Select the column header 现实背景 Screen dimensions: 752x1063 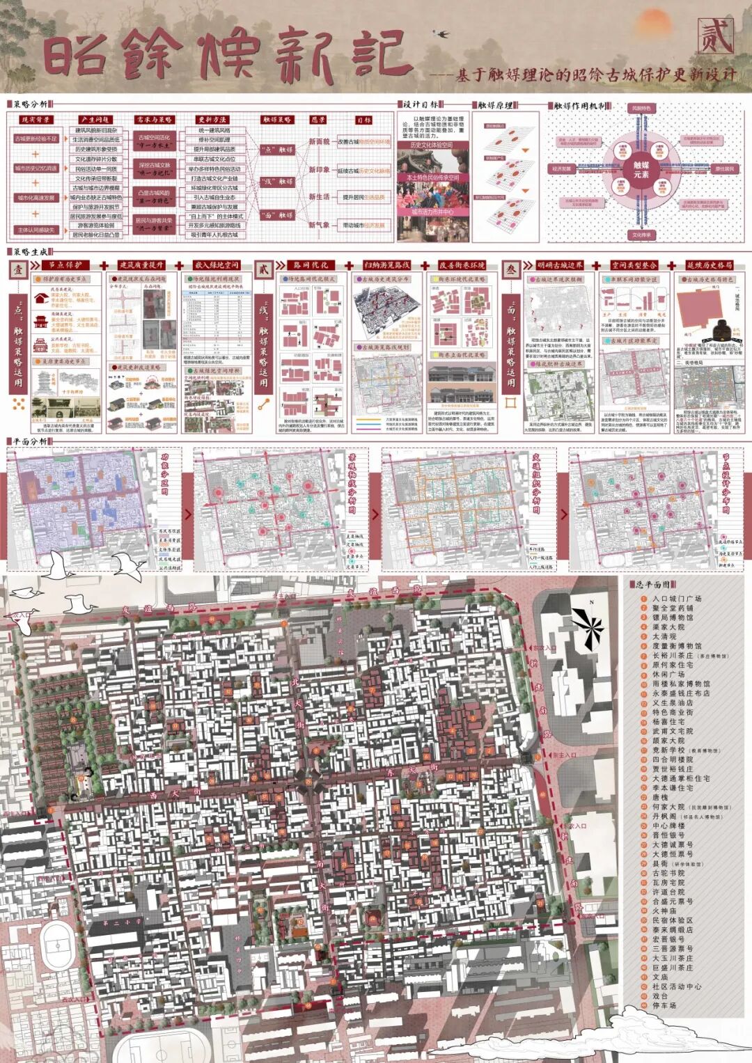(35, 120)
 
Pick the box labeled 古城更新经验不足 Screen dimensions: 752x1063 (36, 139)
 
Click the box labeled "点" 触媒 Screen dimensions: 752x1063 (276, 149)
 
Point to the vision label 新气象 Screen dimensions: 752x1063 (319, 225)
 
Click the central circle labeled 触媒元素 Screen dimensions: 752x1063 (641, 170)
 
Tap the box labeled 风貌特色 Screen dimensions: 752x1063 (641, 109)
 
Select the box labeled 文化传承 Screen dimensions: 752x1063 (641, 235)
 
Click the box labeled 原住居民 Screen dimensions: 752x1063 (723, 168)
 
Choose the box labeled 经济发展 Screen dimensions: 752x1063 (561, 168)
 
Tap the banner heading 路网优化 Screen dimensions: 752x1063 (311, 265)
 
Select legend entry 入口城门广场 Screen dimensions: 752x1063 (676, 599)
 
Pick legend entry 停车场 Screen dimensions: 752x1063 (664, 1005)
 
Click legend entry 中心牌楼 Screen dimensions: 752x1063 (668, 826)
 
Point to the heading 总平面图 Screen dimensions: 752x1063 (653, 585)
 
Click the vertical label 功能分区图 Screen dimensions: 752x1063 (165, 474)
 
